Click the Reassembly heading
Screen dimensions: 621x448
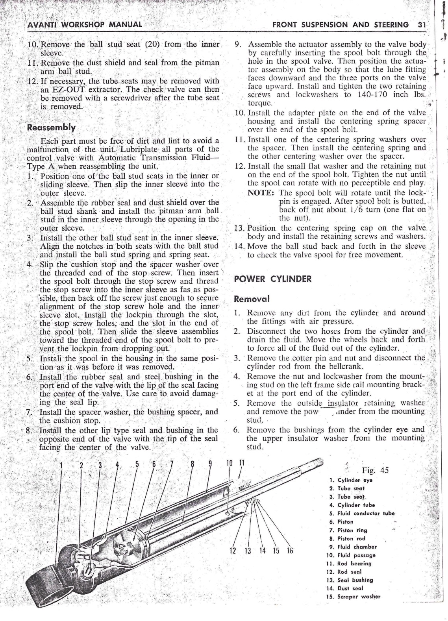51,128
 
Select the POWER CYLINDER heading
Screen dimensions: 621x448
272,279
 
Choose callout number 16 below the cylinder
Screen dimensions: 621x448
290,550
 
